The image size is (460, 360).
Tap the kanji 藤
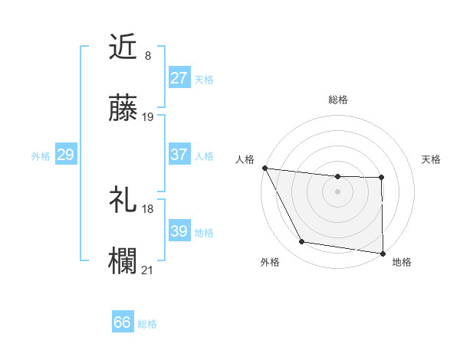[123, 109]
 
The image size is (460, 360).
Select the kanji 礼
[123, 199]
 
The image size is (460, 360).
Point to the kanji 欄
[123, 260]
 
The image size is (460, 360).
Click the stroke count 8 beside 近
[147, 55]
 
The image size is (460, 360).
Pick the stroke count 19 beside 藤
[148, 117]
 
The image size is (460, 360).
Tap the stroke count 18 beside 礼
[148, 208]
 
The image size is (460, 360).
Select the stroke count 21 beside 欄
[148, 270]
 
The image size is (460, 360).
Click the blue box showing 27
[179, 78]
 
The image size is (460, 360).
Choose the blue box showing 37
[179, 155]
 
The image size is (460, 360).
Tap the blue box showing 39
[179, 231]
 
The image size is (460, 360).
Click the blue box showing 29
[65, 155]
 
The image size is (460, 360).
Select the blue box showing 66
[123, 323]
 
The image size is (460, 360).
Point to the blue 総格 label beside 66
[147, 324]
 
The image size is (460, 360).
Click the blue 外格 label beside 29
[41, 155]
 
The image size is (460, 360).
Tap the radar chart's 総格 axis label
[338, 100]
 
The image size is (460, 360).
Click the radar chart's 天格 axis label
[431, 159]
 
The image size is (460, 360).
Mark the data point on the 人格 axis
[264, 168]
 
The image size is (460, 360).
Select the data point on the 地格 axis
[382, 253]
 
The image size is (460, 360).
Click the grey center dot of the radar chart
[337, 191]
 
